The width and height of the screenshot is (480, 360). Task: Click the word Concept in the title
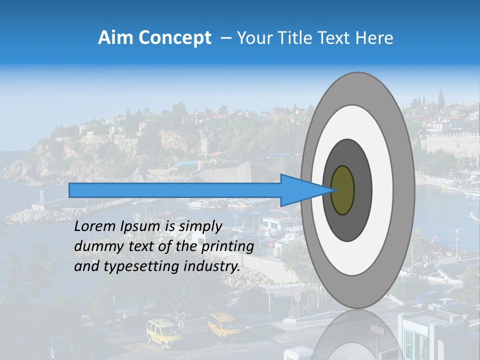tap(174, 38)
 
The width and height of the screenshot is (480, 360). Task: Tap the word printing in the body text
tap(227, 247)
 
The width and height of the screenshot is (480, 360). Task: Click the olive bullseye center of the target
tap(342, 190)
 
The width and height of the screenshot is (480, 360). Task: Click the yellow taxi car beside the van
tap(223, 325)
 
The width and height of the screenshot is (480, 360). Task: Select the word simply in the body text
tap(200, 227)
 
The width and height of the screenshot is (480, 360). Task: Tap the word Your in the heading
tap(252, 38)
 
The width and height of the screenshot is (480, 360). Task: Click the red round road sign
tap(298, 297)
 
